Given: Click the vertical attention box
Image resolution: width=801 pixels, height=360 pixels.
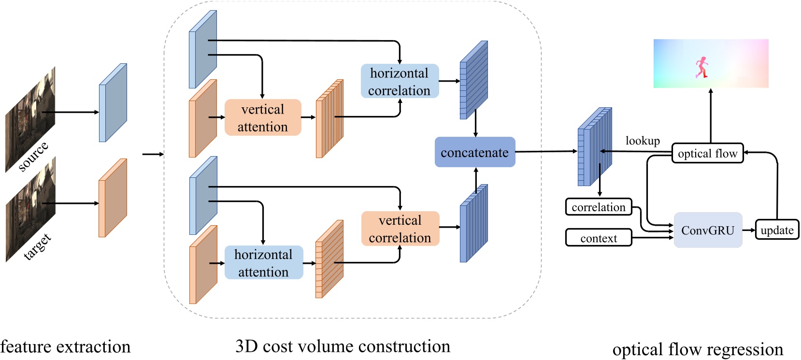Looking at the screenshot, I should coord(263,117).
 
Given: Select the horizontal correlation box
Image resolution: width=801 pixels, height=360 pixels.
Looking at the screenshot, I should coord(400,81).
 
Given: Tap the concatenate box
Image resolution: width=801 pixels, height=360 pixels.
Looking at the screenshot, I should coord(474,152).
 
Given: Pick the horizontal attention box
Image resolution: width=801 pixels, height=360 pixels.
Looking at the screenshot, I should coord(263,262).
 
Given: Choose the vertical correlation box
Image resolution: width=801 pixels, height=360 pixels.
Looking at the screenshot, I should coord(400,229).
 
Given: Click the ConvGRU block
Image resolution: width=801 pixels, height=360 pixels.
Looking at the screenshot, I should coord(708,230).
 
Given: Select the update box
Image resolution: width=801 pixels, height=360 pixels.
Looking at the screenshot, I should coord(777,230).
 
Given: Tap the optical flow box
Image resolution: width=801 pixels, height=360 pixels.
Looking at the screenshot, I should coord(707,153).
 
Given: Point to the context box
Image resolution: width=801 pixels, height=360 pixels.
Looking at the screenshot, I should coord(599,238).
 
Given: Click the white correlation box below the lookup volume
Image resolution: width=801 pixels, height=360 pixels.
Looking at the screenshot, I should coord(599,207).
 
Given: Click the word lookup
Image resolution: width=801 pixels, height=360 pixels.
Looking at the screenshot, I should coord(643,141).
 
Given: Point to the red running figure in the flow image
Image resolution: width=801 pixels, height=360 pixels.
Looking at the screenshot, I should coord(701,67).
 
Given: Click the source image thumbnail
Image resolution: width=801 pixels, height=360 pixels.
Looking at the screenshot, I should coord(30,118).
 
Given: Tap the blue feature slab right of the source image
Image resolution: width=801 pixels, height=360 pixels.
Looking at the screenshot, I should coord(113,103).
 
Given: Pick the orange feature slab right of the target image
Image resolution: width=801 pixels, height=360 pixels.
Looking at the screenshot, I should coord(113,198).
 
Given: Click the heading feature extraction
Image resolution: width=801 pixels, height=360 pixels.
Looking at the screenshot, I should coord(65,346).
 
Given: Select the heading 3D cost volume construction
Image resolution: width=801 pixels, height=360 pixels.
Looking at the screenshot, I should coord(343,346).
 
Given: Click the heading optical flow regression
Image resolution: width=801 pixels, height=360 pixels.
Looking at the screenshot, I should coord(698,349).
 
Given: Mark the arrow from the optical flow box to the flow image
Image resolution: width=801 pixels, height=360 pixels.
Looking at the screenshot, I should coord(711,116).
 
